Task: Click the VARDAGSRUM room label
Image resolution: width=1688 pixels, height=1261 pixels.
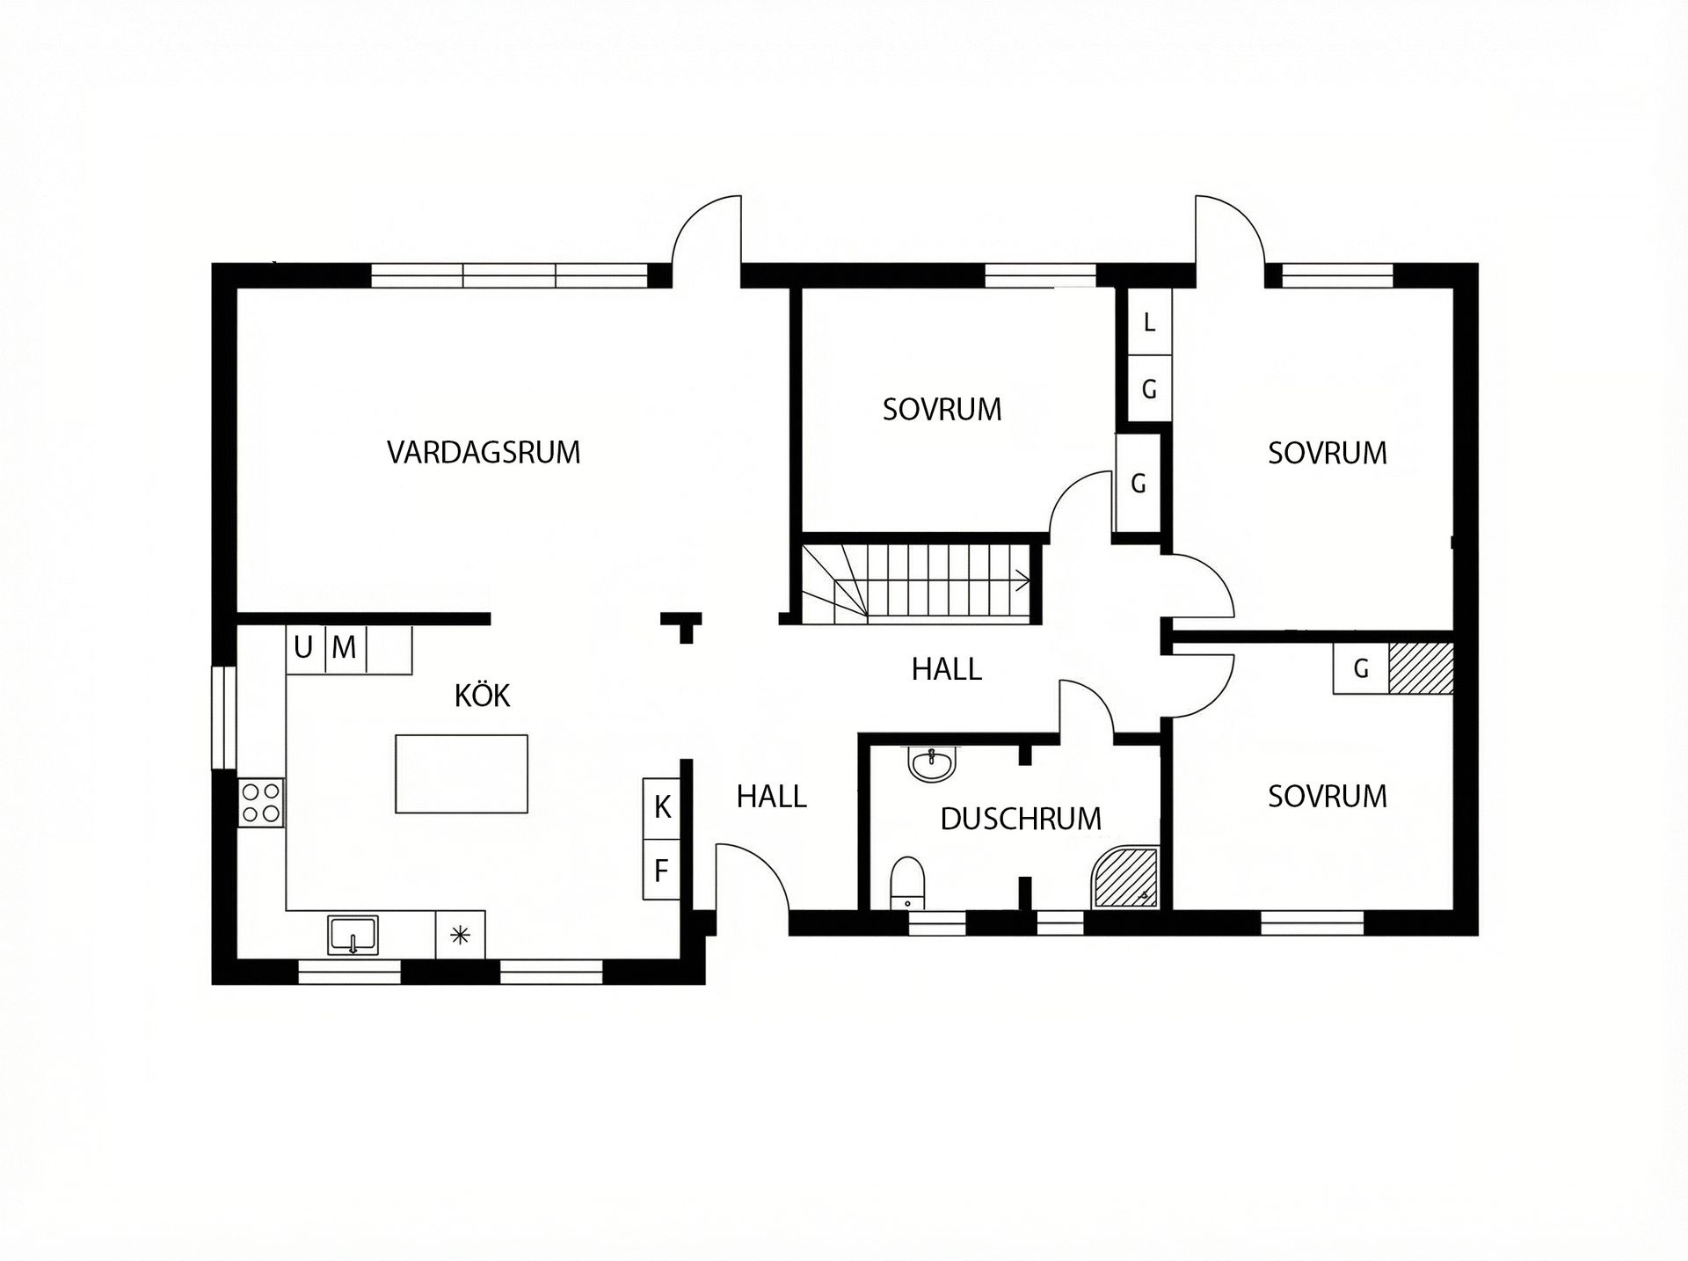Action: [484, 452]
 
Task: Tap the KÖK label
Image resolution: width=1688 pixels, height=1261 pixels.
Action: [482, 696]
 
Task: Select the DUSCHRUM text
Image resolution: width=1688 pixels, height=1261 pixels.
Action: [1020, 819]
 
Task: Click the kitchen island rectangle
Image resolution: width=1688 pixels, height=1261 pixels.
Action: [462, 774]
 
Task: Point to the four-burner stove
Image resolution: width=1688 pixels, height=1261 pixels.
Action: [261, 802]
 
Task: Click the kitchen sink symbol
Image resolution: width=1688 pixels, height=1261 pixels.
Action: [353, 934]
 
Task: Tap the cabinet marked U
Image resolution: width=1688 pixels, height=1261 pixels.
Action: [304, 648]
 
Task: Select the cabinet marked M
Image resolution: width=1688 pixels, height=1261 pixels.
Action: [345, 648]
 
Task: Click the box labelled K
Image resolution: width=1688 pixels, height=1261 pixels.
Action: [662, 806]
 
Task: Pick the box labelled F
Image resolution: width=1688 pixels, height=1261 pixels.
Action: [662, 871]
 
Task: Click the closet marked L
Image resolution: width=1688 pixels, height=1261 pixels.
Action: [1148, 323]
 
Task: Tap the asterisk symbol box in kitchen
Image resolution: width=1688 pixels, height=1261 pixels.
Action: [460, 935]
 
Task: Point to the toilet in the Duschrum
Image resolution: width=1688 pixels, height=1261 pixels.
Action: [906, 882]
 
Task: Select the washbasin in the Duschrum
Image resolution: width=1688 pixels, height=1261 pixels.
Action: [930, 764]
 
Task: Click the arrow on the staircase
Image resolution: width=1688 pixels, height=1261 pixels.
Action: [1022, 579]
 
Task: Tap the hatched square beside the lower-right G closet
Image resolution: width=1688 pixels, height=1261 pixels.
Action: [1420, 668]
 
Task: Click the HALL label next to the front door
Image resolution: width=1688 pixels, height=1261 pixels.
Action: [771, 797]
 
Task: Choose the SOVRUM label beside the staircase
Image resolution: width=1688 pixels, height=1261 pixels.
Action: [942, 410]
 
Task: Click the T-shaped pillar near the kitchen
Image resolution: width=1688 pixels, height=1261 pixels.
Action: [681, 625]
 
